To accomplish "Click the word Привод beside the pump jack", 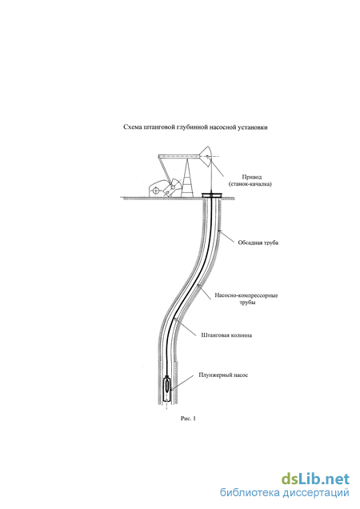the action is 251,177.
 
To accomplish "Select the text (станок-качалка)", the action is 250,184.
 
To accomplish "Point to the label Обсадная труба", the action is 258,242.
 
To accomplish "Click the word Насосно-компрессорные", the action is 246,296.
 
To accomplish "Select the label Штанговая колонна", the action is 226,335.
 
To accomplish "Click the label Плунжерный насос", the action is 223,375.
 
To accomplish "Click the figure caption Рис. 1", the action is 188,419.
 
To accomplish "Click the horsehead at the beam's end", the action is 206,157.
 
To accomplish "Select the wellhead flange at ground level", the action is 212,195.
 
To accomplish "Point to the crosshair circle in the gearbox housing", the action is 156,190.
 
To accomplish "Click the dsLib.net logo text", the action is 315,479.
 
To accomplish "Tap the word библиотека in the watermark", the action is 250,493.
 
